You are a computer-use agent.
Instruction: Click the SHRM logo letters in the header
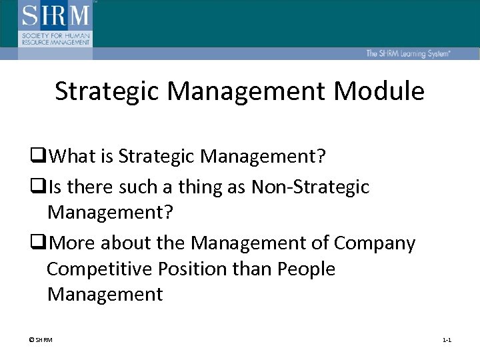coord(55,15)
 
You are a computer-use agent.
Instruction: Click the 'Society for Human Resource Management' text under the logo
coord(55,37)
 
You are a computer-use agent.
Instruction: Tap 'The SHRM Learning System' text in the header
coord(407,53)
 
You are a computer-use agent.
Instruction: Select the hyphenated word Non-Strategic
coord(310,188)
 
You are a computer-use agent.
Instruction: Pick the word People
coord(307,269)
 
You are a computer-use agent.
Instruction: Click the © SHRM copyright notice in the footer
coord(41,340)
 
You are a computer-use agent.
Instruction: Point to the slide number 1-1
coord(447,340)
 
